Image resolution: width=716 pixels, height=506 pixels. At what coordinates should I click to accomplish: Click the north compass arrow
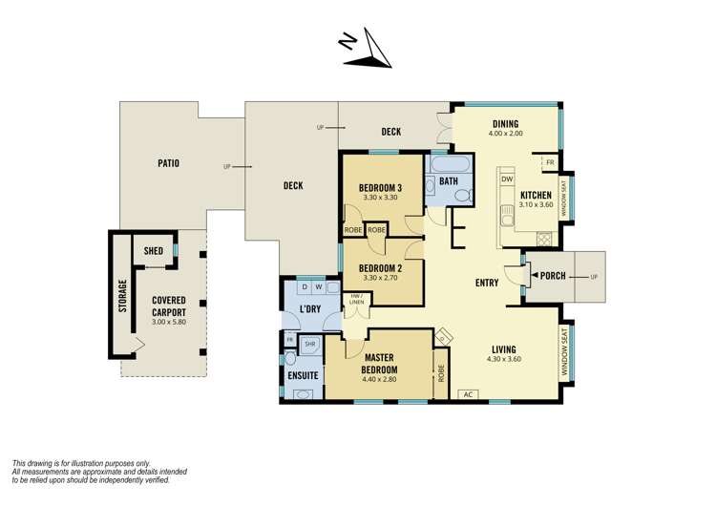click(367, 53)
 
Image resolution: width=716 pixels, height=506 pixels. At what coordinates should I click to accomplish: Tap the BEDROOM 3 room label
click(379, 187)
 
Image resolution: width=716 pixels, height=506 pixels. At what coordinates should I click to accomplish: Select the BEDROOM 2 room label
click(379, 267)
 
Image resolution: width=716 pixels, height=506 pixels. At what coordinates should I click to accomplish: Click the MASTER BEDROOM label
click(379, 364)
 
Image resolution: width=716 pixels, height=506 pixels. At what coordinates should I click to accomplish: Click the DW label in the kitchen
click(507, 179)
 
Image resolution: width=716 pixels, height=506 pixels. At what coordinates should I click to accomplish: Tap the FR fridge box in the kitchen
click(550, 163)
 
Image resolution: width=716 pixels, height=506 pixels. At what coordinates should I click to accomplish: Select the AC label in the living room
click(468, 393)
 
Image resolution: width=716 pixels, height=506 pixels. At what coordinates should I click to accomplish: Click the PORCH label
click(555, 276)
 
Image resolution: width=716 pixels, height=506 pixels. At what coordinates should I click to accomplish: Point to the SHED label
click(154, 250)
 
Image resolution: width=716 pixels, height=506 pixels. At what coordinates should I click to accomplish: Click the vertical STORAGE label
click(122, 296)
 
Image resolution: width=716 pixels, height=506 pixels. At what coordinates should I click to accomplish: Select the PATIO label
click(168, 163)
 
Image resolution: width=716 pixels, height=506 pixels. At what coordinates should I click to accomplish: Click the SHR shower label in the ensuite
click(310, 343)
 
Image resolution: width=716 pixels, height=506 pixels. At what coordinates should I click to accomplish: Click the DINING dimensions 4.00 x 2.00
click(505, 135)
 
